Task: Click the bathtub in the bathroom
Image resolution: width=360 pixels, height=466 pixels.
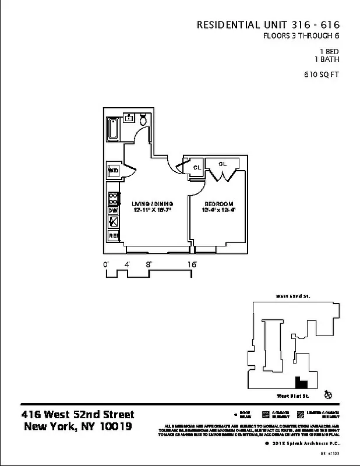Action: coord(113,129)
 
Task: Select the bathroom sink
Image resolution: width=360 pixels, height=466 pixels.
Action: coord(129,117)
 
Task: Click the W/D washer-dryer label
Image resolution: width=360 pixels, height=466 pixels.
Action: coord(114,171)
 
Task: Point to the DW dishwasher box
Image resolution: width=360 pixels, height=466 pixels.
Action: coord(114,210)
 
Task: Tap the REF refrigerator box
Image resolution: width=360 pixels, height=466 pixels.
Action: coord(114,236)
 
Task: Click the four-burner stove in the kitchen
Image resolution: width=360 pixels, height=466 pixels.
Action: coord(114,198)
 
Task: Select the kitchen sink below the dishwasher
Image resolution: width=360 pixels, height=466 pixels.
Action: coord(114,222)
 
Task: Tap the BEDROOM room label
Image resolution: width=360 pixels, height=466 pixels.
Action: coord(218,203)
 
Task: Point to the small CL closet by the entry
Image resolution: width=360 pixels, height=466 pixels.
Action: coord(197,167)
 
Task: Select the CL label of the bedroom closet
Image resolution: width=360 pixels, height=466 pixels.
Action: coord(222,164)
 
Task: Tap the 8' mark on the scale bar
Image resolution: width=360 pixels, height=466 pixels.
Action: coord(149,264)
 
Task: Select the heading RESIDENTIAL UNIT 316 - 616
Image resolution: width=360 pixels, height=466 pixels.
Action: coord(268,25)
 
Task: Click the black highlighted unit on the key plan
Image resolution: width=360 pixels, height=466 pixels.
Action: coord(301,383)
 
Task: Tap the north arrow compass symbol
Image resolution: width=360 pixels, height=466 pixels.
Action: coord(329,395)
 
